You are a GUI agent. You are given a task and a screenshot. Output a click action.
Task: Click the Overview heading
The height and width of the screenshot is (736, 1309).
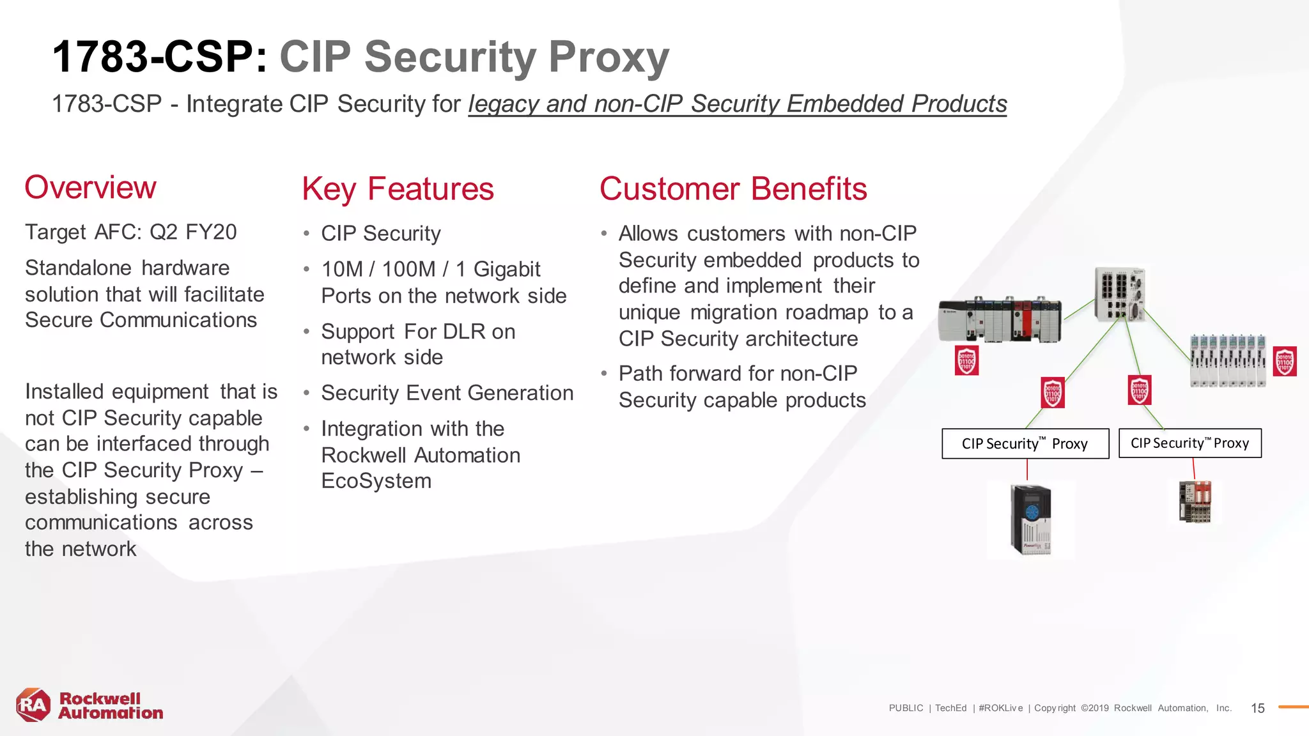90,188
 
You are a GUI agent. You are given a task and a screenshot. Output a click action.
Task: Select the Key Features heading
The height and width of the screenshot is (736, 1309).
398,189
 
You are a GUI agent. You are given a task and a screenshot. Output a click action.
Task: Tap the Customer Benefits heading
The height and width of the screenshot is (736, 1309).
732,189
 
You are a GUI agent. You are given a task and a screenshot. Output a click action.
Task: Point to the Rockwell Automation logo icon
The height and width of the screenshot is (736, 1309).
33,705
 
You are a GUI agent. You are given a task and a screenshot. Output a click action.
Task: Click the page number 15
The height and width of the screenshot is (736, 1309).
1257,708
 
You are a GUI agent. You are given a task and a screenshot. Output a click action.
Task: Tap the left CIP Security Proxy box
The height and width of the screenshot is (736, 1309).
1025,443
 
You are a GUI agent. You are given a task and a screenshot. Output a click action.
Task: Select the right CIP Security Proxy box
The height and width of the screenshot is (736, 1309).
1189,443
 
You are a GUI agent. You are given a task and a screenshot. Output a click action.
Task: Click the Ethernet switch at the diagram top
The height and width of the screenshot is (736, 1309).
1120,295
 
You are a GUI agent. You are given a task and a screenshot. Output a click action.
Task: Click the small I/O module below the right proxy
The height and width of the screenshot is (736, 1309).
1195,502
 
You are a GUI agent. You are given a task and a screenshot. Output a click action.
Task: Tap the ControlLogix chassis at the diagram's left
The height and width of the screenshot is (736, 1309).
1000,319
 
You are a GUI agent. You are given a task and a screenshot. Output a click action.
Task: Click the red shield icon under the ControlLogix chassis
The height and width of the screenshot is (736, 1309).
966,360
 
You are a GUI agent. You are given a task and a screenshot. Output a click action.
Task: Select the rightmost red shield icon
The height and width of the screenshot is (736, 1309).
1285,362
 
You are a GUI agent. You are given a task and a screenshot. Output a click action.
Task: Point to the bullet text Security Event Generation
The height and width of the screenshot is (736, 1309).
447,393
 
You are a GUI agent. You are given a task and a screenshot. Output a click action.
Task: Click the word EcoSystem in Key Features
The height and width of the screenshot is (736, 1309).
376,481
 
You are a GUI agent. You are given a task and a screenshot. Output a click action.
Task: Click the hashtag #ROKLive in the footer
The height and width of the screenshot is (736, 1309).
1000,708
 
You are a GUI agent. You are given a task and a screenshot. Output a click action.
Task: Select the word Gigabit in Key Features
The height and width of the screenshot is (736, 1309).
507,270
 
